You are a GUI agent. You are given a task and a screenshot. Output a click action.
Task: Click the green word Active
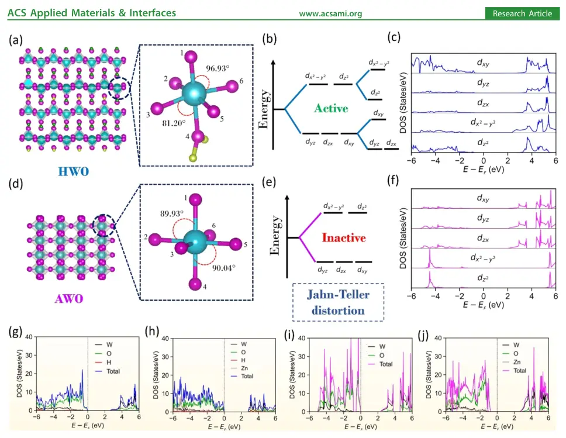[330, 108]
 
